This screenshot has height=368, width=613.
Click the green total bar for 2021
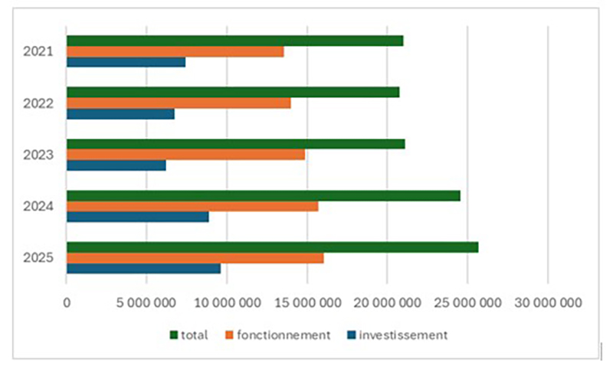[234, 41]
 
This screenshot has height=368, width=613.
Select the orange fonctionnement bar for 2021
[175, 51]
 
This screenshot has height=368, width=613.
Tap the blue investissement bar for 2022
[120, 114]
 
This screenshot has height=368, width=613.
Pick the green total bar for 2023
[235, 144]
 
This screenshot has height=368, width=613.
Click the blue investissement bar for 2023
[116, 165]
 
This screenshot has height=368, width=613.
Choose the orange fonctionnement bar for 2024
[192, 206]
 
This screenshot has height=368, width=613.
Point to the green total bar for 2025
[272, 247]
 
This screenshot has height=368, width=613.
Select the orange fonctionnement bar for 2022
[179, 103]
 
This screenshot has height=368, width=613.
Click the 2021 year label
[38, 52]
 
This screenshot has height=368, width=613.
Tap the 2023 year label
[38, 155]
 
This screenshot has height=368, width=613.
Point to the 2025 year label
[38, 258]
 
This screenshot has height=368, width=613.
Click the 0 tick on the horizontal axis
[67, 303]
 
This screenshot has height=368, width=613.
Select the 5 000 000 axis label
[146, 303]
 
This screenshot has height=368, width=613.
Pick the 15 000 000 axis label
[306, 303]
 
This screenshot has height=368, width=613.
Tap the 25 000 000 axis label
[467, 303]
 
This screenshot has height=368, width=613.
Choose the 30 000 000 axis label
[547, 303]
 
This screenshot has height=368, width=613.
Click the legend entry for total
[188, 334]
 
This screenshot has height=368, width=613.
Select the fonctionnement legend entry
[276, 334]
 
